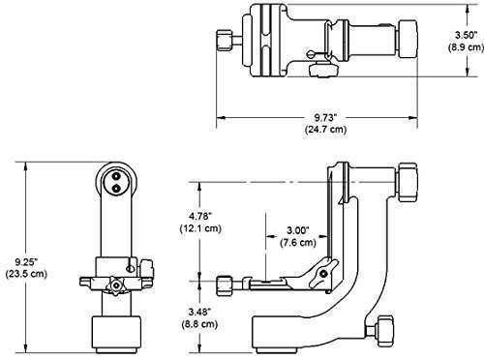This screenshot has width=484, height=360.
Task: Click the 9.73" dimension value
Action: (x=325, y=117)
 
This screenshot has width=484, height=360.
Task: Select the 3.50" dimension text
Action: (x=466, y=35)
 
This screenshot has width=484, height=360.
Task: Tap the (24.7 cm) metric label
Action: (x=325, y=130)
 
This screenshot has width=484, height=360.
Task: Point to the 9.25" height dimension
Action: (x=27, y=260)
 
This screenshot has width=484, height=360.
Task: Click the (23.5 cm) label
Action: (x=26, y=274)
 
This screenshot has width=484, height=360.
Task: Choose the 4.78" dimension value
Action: (x=200, y=215)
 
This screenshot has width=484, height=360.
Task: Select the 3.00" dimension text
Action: (x=298, y=230)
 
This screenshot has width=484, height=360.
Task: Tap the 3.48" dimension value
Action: (x=199, y=312)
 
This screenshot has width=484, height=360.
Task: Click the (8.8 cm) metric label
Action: (x=199, y=323)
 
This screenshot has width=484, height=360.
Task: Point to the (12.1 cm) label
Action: (x=200, y=228)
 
